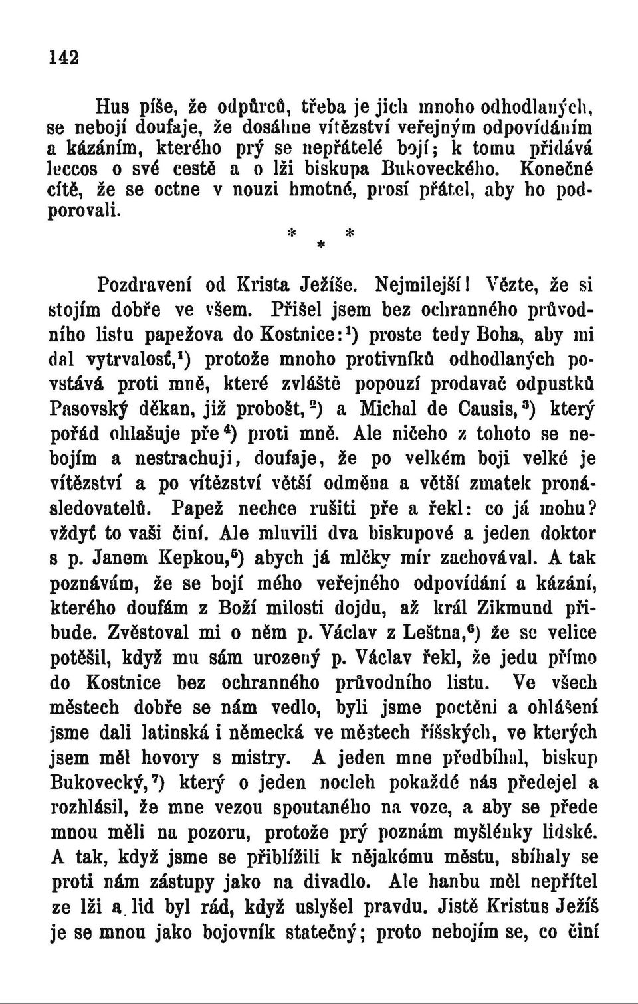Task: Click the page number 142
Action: (x=64, y=57)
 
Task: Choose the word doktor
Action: (x=566, y=533)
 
